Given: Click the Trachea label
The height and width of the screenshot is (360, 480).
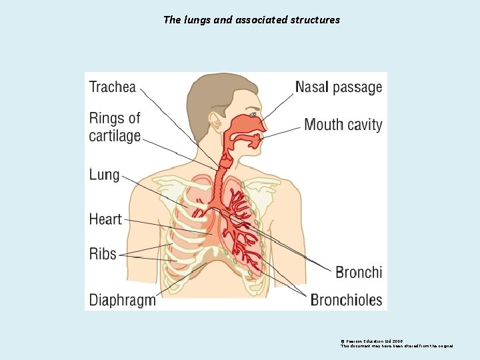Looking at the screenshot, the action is (x=113, y=87).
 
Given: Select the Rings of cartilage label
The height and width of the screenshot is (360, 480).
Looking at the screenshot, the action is (x=115, y=127).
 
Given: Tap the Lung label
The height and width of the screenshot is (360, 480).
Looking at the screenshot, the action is (x=104, y=175).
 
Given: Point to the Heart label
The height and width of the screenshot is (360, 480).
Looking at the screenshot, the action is (x=105, y=219).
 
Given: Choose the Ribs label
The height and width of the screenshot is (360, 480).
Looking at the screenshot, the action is (x=103, y=254).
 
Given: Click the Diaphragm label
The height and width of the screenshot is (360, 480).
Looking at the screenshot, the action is (x=123, y=299).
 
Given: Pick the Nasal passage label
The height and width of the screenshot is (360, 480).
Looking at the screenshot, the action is (x=339, y=87).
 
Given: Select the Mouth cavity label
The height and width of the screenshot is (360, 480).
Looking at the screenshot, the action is (x=343, y=125).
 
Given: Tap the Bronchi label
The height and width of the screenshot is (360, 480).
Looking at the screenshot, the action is (x=359, y=272).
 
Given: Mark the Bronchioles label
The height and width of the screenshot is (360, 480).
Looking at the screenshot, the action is (x=346, y=299).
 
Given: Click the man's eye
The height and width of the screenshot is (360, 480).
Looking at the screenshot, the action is (x=253, y=115).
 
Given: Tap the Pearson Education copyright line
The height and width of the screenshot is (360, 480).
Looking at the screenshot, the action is (x=371, y=341).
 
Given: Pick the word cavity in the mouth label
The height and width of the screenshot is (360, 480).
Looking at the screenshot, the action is (x=364, y=125).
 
